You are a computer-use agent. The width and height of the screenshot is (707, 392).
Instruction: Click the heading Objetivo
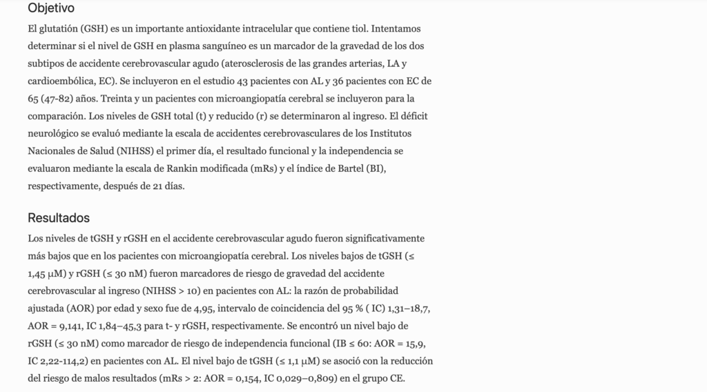(x=51, y=9)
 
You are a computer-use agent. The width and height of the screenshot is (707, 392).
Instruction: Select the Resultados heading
(x=59, y=218)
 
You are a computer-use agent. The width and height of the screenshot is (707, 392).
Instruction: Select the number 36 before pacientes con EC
(x=340, y=81)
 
